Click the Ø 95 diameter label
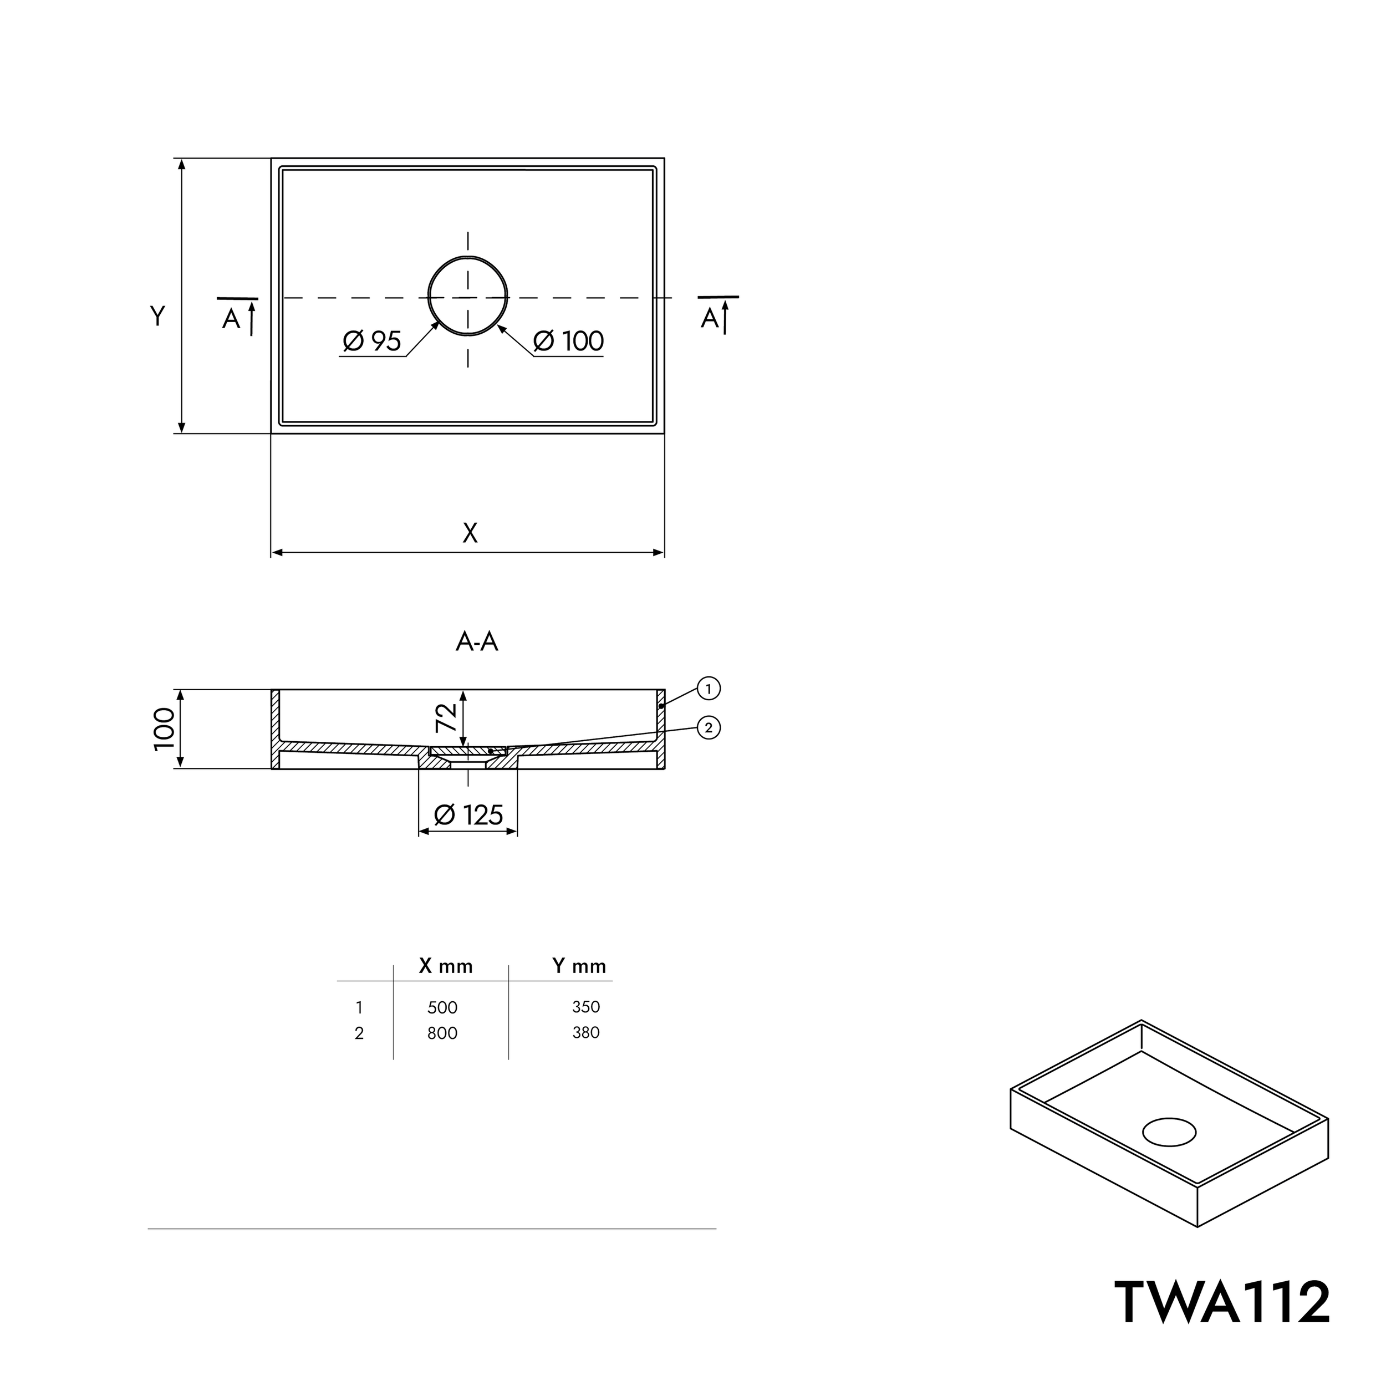pos(371,342)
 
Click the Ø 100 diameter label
pos(568,342)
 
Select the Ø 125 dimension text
pos(468,815)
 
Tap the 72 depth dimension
pos(446,717)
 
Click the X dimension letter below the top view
pos(470,533)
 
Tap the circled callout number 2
pos(709,728)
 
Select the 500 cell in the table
pos(442,1008)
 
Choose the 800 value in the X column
pos(442,1033)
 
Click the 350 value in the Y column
pos(586,1007)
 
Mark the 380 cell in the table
pos(586,1032)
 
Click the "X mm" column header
pos(446,966)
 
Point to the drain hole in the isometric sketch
pos(1169,1132)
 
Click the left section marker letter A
pos(231,319)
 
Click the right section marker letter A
pos(710,318)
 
